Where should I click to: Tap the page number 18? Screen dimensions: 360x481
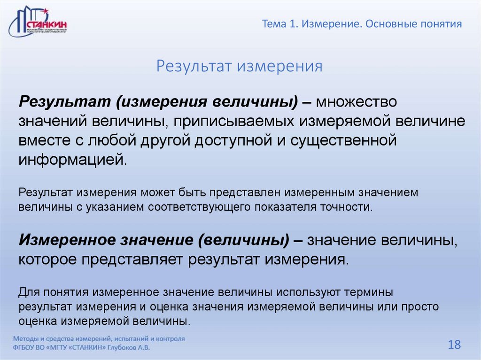454,345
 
